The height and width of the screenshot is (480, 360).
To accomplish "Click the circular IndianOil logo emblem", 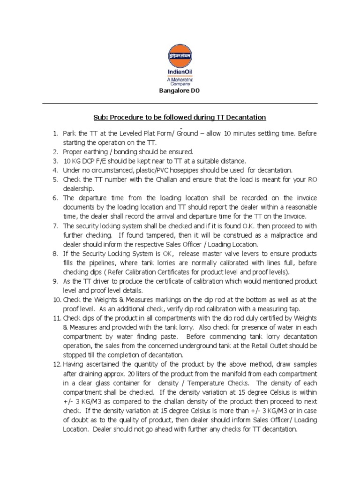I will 180,55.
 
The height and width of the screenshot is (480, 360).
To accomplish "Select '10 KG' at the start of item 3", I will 72,160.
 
